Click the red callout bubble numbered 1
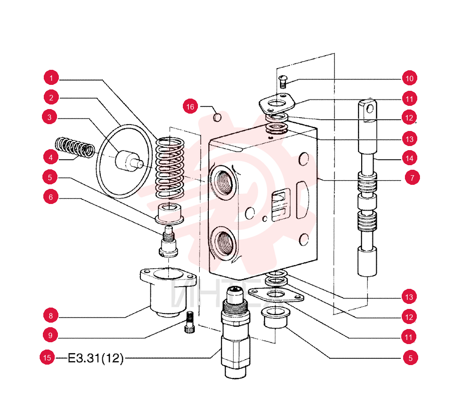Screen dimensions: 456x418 tap(51, 78)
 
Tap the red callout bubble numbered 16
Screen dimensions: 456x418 tap(190, 106)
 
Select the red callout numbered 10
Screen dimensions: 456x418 tap(409, 78)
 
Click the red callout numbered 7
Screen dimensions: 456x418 tap(412, 177)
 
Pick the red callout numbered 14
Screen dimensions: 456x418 tap(409, 158)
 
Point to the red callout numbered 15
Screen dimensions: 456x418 tap(47, 357)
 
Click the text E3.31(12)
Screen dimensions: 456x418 tap(96, 358)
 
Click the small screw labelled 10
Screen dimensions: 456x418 tap(284, 81)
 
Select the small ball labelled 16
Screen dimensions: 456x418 tap(217, 118)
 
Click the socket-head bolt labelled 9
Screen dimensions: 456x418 tap(189, 322)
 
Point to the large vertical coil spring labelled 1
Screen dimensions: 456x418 tap(170, 168)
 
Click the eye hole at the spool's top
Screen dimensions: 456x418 tap(370, 109)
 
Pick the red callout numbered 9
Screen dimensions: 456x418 tap(50, 335)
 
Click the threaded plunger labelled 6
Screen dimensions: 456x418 tap(169, 241)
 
